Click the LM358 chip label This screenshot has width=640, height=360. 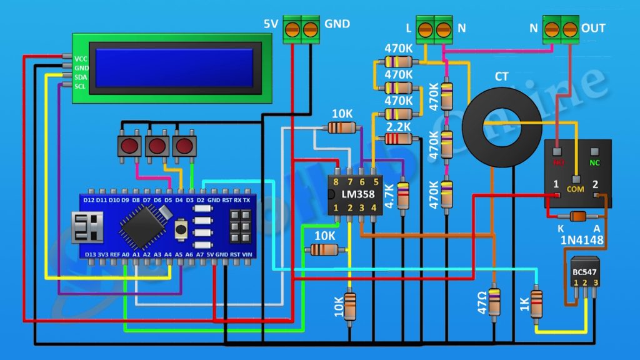[354, 194]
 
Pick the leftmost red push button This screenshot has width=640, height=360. [129, 146]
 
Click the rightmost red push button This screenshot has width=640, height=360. [184, 146]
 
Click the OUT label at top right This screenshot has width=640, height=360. [593, 28]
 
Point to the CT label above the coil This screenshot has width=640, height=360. [501, 77]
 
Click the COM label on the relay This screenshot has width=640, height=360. [575, 188]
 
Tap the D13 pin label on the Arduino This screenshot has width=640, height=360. [89, 254]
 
